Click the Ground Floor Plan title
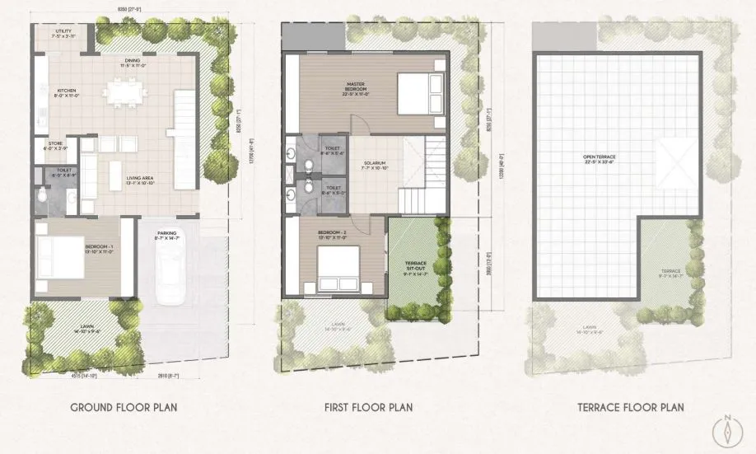click(123, 407)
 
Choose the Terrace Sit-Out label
click(417, 265)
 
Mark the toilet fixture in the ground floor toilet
click(42, 194)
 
